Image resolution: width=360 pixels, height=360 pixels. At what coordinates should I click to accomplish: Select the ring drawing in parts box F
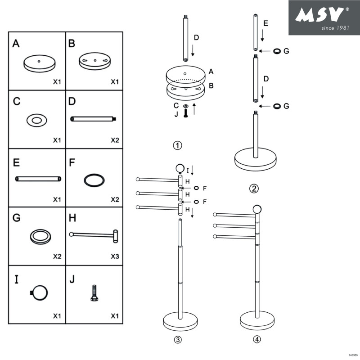[x=94, y=180]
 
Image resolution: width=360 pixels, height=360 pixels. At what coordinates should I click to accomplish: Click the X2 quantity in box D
[x=115, y=140]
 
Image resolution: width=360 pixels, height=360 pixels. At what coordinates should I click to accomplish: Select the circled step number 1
[x=178, y=145]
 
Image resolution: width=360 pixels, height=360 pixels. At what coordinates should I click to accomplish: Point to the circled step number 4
[x=256, y=340]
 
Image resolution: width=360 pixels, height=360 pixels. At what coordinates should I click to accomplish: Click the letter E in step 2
[x=266, y=23]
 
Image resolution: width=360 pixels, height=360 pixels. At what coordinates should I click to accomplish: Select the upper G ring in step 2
[x=278, y=51]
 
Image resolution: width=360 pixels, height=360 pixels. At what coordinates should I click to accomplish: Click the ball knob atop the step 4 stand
[x=257, y=209]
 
